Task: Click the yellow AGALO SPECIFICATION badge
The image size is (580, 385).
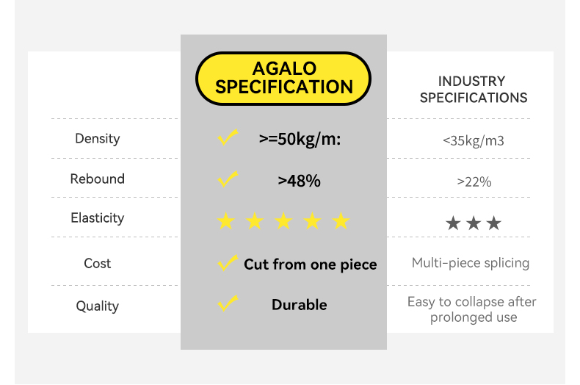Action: pos(283,79)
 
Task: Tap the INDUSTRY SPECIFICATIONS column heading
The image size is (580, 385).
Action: pos(473,89)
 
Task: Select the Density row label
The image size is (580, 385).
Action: pos(98,139)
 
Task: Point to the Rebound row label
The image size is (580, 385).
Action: pos(98,179)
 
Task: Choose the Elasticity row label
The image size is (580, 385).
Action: pos(98,217)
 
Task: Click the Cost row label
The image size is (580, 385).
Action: pos(98,263)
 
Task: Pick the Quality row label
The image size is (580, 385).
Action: pos(98,306)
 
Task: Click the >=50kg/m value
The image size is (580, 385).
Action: pos(300,140)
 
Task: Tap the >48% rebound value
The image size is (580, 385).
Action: pos(300,181)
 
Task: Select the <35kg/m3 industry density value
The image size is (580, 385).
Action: pos(473,141)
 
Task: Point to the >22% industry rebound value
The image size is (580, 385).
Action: pos(474,181)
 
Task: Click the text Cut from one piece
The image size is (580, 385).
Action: pos(311,265)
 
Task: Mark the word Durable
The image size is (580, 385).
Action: pos(300,305)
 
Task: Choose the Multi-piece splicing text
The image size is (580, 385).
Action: pos(471,263)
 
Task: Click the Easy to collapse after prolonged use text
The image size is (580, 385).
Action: pos(472,309)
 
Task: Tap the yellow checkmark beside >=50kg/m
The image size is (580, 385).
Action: pos(227,137)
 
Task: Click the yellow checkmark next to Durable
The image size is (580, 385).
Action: pos(227,303)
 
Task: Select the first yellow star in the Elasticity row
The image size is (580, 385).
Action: pos(226,221)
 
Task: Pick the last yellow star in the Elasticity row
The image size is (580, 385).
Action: pos(341,221)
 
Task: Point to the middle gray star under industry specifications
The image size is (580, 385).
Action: pos(474,223)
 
